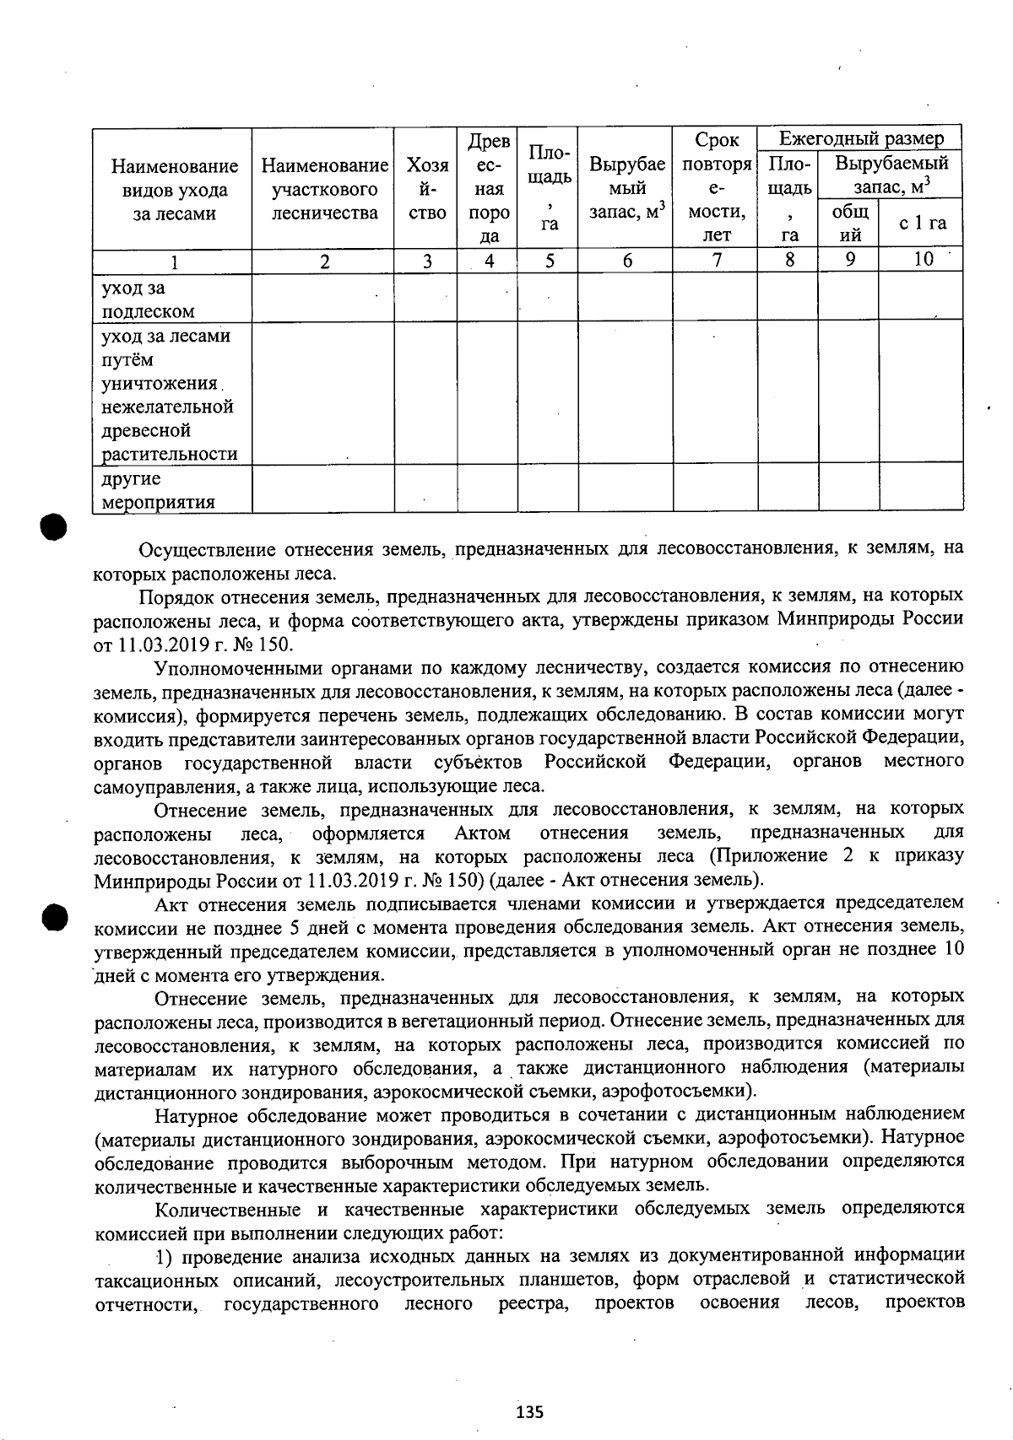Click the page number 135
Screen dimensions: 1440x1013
(529, 1411)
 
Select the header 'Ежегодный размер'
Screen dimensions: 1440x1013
(860, 138)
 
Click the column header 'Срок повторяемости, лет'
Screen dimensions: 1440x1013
(716, 187)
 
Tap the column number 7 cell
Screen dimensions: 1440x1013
(716, 261)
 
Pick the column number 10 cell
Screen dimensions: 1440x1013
(923, 260)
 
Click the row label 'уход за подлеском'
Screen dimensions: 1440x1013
(148, 299)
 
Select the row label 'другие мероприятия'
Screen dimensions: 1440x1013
(157, 490)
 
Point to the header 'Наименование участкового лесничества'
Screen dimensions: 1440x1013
(324, 189)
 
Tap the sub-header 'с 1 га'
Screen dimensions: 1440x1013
(922, 224)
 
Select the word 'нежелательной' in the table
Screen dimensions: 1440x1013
(167, 407)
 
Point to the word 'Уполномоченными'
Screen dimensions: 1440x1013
(236, 668)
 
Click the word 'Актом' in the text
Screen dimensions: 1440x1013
(482, 833)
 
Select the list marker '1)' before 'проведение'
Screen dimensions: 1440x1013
(165, 1257)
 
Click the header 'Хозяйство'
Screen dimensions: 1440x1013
(426, 189)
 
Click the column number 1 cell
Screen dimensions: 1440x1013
(172, 262)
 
